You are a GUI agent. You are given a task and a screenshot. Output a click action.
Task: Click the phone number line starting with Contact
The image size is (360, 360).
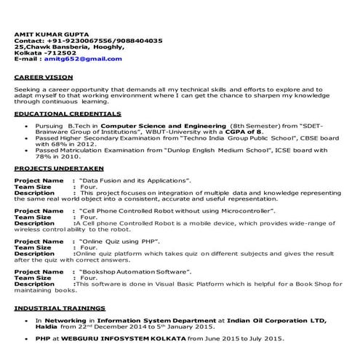point(88,40)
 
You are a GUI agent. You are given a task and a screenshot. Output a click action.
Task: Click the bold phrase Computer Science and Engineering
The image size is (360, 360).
point(163,125)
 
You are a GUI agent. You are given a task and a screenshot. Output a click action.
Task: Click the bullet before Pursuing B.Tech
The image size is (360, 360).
point(26,125)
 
